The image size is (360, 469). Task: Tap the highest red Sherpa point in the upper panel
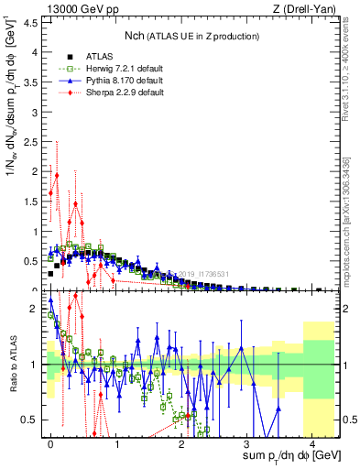tap(57, 175)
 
